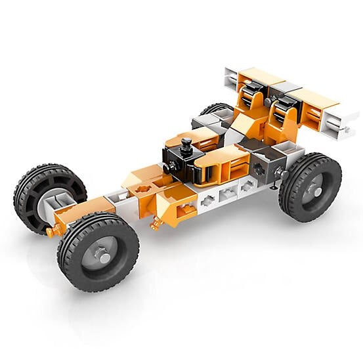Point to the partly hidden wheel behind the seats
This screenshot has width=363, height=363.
tap(215, 109)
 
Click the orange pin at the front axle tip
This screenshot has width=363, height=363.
tap(53, 230)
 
